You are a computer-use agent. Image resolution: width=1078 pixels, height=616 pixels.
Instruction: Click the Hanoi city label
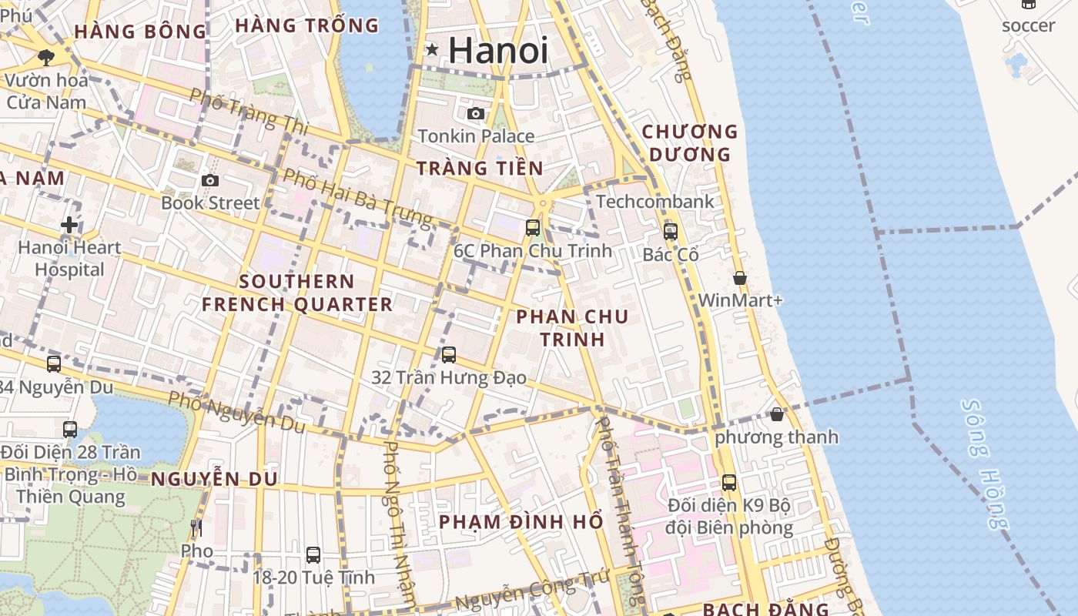tap(498, 51)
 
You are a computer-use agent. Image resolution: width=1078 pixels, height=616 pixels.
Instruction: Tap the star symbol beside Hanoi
tap(432, 50)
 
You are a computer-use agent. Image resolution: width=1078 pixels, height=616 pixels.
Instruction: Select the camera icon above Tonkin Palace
tap(476, 114)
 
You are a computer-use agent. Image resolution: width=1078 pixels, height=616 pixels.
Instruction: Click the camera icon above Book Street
tap(209, 180)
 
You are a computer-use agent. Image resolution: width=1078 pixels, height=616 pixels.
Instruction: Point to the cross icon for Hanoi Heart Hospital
tap(69, 225)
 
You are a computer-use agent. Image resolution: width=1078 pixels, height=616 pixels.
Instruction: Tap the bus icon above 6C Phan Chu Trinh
tap(532, 227)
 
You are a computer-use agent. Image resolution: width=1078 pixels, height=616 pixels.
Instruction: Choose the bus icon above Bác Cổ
tap(670, 231)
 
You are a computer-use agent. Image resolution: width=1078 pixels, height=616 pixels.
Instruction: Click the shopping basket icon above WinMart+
tap(740, 278)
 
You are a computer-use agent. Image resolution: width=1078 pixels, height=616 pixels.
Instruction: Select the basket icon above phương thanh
tap(776, 414)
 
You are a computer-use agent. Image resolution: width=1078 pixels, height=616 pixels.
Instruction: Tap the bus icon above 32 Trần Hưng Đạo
tap(449, 355)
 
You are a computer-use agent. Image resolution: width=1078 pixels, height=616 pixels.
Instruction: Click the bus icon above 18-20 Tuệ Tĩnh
tap(313, 554)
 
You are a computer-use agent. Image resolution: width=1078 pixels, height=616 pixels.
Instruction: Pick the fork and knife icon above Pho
tap(196, 528)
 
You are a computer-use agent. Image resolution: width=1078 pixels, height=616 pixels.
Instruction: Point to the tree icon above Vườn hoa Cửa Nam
tap(45, 57)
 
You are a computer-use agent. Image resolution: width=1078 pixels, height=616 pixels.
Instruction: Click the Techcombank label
tap(654, 202)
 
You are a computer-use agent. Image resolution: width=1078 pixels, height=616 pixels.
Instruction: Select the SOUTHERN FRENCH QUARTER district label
tap(297, 293)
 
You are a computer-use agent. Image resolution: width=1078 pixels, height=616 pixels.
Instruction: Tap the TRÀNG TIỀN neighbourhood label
tap(480, 168)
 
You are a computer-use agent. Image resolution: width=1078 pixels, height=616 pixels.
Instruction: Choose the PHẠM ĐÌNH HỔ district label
tap(521, 522)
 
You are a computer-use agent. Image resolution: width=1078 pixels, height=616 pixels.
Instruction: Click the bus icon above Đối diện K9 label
tap(728, 483)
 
